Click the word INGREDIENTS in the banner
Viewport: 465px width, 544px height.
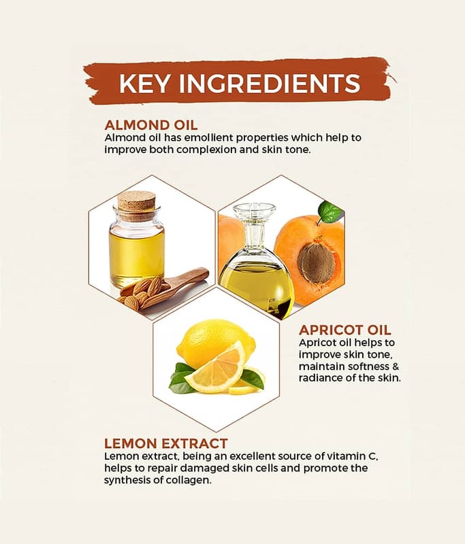point(270,83)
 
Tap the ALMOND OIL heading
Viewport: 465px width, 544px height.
point(151,125)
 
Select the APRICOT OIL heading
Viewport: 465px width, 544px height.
point(345,330)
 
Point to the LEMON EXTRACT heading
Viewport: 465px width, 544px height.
point(166,443)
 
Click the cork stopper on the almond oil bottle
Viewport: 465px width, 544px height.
point(136,206)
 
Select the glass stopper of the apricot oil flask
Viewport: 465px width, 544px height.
point(254,223)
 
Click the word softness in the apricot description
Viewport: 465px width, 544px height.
point(368,367)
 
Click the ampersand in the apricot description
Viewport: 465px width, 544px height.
point(396,367)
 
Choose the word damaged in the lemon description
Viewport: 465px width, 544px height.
point(204,469)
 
